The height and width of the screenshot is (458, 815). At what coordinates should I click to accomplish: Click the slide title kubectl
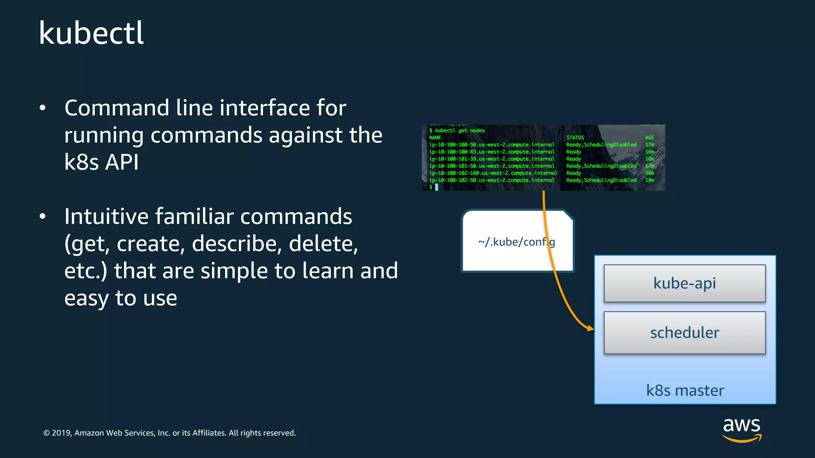tap(91, 33)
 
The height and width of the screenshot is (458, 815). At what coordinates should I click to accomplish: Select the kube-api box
tap(684, 283)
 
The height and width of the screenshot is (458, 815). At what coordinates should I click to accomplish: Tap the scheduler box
tap(684, 332)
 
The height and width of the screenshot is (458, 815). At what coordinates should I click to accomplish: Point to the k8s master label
tap(685, 390)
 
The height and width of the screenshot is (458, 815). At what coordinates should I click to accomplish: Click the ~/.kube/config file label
tap(516, 242)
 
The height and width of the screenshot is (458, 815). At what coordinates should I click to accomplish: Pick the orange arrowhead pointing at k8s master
tap(590, 328)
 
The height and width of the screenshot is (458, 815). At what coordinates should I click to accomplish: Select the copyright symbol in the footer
tap(47, 433)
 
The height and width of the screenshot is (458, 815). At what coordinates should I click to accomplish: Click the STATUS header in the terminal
tap(575, 138)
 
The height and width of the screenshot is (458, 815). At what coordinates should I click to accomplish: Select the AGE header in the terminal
tap(649, 138)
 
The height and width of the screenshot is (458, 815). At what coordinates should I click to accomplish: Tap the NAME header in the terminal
tap(435, 138)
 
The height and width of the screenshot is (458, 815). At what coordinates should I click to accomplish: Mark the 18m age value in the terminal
tap(649, 180)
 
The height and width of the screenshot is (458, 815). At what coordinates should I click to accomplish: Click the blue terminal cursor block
tap(437, 187)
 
